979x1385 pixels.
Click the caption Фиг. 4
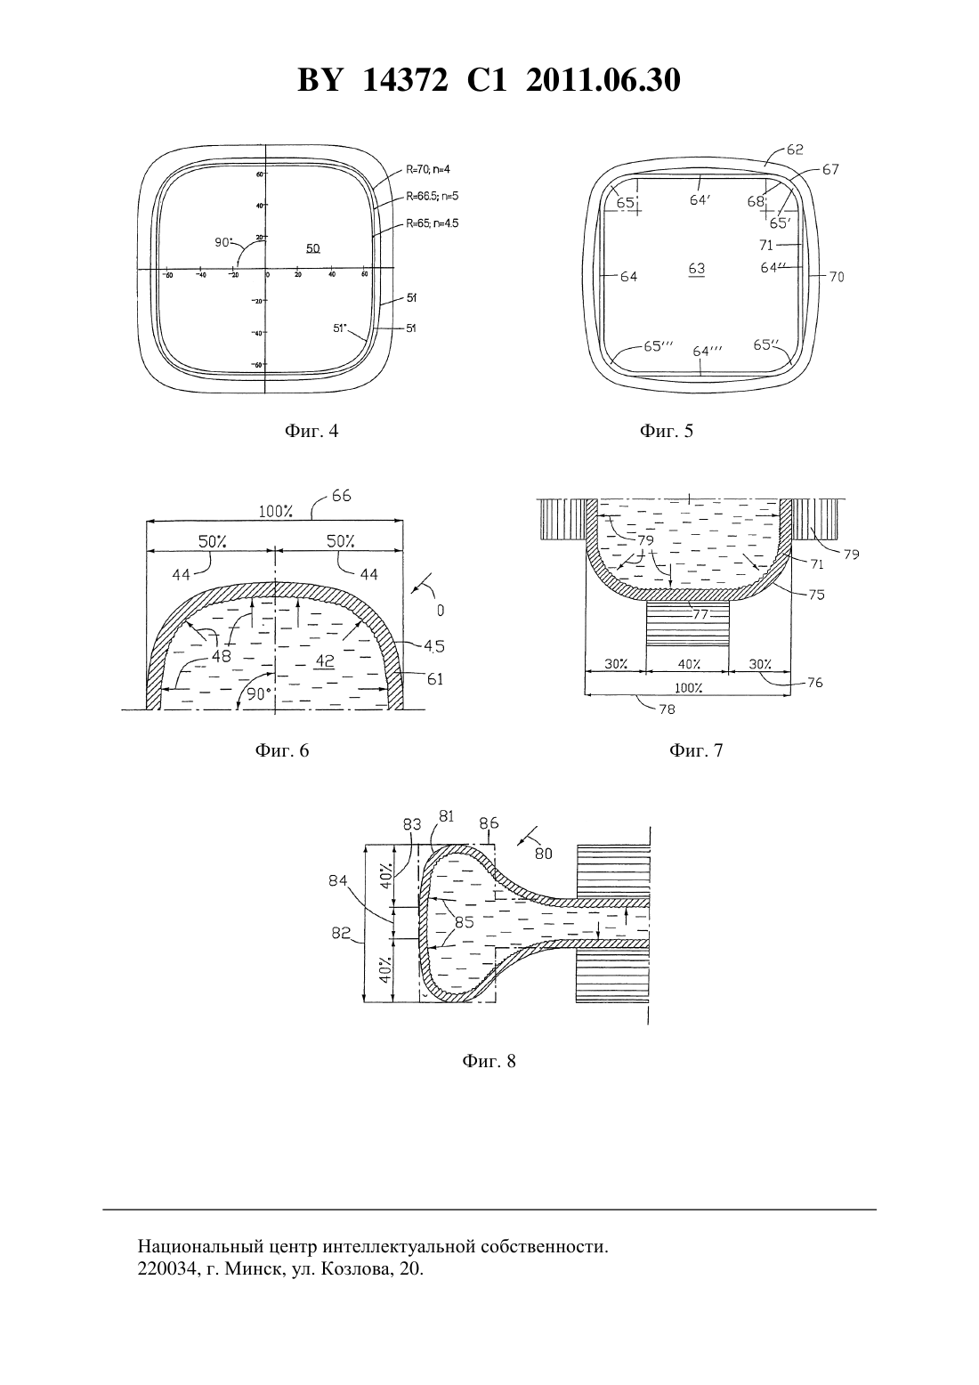coord(311,430)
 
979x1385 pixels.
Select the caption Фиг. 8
coord(489,1061)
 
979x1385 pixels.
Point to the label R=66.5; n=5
coord(432,196)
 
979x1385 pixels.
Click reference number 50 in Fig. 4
coord(312,248)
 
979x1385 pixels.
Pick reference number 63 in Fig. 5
coord(697,268)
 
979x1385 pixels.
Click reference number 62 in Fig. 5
coord(795,150)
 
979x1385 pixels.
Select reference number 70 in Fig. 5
coord(837,277)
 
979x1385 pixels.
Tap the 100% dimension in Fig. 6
coord(276,511)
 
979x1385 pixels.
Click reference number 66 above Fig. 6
coord(342,496)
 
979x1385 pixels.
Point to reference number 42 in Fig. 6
coord(325,661)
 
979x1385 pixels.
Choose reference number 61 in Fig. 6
coord(435,679)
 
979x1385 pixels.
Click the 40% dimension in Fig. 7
coord(689,664)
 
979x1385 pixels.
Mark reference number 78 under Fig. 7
coord(667,709)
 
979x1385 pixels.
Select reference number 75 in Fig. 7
coord(816,595)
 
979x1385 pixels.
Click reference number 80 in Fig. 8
coord(543,854)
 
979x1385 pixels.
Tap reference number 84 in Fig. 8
coord(338,880)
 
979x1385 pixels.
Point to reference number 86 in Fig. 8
coord(489,823)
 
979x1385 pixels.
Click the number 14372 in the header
coord(404,80)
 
